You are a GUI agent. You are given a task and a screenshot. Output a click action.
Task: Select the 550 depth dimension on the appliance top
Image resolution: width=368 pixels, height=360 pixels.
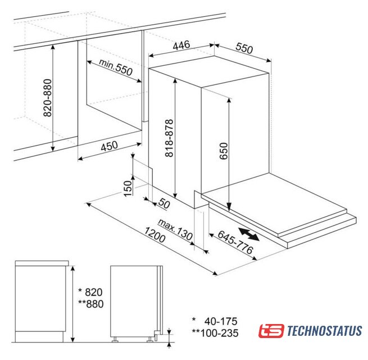[244, 48]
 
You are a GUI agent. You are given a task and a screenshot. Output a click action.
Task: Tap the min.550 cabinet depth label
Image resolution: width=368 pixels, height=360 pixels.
[116, 67]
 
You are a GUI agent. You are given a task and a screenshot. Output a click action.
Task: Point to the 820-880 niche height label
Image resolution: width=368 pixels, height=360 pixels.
[48, 98]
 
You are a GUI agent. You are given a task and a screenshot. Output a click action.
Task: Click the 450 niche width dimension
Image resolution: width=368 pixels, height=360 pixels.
[109, 146]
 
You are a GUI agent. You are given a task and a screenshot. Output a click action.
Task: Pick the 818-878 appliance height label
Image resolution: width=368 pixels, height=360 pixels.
[169, 138]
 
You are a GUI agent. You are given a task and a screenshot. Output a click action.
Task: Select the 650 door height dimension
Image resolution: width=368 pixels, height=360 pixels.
[224, 151]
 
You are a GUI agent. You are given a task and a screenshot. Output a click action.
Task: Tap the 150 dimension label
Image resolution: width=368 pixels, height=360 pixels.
[128, 188]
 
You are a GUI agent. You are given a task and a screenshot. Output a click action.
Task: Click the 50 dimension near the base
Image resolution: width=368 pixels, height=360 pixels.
[164, 203]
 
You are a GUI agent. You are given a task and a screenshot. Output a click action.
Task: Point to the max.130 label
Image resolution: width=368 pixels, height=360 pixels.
[175, 229]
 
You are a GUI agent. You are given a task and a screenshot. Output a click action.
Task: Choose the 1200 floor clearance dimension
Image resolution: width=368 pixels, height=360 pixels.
[155, 235]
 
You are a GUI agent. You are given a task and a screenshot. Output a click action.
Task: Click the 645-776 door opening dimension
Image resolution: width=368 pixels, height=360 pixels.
[235, 242]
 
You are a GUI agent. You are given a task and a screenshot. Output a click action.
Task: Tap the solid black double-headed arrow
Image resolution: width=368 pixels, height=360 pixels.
[249, 234]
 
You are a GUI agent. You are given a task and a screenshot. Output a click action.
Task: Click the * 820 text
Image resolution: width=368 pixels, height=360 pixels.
[90, 292]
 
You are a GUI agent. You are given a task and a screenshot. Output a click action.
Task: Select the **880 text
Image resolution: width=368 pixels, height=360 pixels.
[91, 304]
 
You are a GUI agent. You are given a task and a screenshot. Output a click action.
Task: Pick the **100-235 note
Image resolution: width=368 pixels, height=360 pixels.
[215, 333]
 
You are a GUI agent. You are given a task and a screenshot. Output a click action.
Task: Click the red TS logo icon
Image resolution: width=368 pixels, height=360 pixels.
[271, 331]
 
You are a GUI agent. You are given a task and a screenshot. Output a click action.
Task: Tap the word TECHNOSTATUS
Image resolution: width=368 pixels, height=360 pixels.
[324, 331]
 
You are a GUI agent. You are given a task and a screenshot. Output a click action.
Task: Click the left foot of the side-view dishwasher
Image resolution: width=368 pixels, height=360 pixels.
[115, 340]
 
